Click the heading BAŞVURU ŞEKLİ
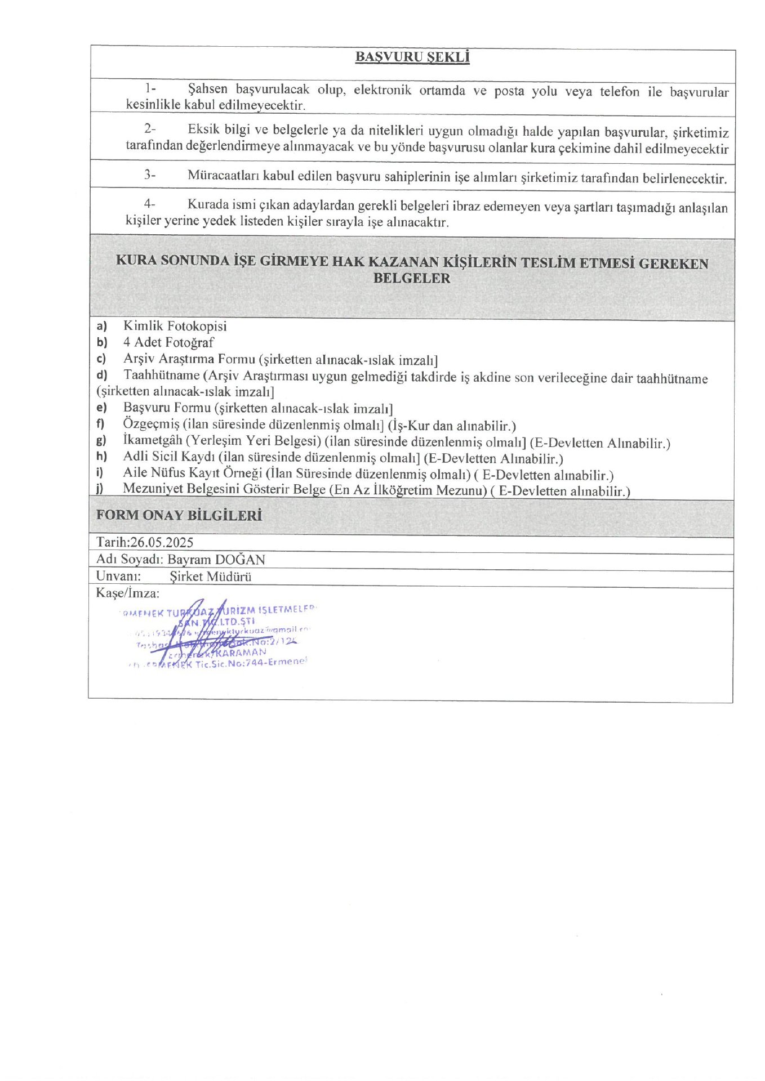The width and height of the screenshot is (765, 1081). [412, 57]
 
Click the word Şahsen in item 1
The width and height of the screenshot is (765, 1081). [207, 89]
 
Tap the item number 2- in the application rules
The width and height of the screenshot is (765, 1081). [149, 129]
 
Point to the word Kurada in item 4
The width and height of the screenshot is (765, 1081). [208, 204]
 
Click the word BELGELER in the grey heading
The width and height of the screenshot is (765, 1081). [412, 278]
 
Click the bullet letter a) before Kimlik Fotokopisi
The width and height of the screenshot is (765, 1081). [101, 325]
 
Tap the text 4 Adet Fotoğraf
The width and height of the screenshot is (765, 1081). [168, 342]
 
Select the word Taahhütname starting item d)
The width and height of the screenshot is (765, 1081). [162, 375]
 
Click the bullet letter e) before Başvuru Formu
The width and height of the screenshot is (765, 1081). [101, 408]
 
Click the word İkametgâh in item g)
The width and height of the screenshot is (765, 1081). [153, 440]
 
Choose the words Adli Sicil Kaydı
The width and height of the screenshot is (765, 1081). [169, 457]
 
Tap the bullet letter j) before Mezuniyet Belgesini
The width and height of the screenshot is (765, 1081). [100, 489]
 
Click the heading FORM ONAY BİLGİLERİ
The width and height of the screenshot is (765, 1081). [179, 515]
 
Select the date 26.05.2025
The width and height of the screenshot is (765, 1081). [162, 542]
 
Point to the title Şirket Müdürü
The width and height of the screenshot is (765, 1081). [210, 576]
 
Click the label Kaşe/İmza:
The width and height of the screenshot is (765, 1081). [128, 593]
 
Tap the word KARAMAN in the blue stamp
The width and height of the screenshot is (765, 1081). [241, 652]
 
